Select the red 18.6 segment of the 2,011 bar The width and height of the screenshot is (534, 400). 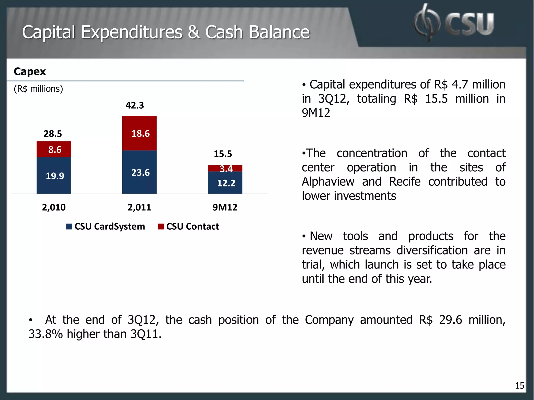point(139,133)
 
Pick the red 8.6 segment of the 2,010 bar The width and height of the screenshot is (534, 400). point(54,149)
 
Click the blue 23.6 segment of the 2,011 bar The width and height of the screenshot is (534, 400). point(139,172)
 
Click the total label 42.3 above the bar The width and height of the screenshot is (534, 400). point(135,105)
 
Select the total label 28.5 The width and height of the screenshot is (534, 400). point(53,134)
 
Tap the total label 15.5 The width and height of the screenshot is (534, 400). point(223,154)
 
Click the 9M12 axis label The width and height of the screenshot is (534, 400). point(225,207)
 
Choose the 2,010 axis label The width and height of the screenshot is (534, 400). point(54,207)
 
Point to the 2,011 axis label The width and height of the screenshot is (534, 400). point(139,207)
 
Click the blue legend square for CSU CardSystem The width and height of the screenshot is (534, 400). point(69,227)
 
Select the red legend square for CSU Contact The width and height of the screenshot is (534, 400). point(161,227)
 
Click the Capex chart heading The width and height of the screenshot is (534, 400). point(30,72)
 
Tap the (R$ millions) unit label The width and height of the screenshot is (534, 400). point(38,89)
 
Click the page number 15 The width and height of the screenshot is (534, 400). point(519,386)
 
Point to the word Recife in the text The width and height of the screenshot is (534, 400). point(405,182)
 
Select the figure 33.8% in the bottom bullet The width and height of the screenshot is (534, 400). point(45,334)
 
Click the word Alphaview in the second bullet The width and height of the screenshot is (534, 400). point(328,182)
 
